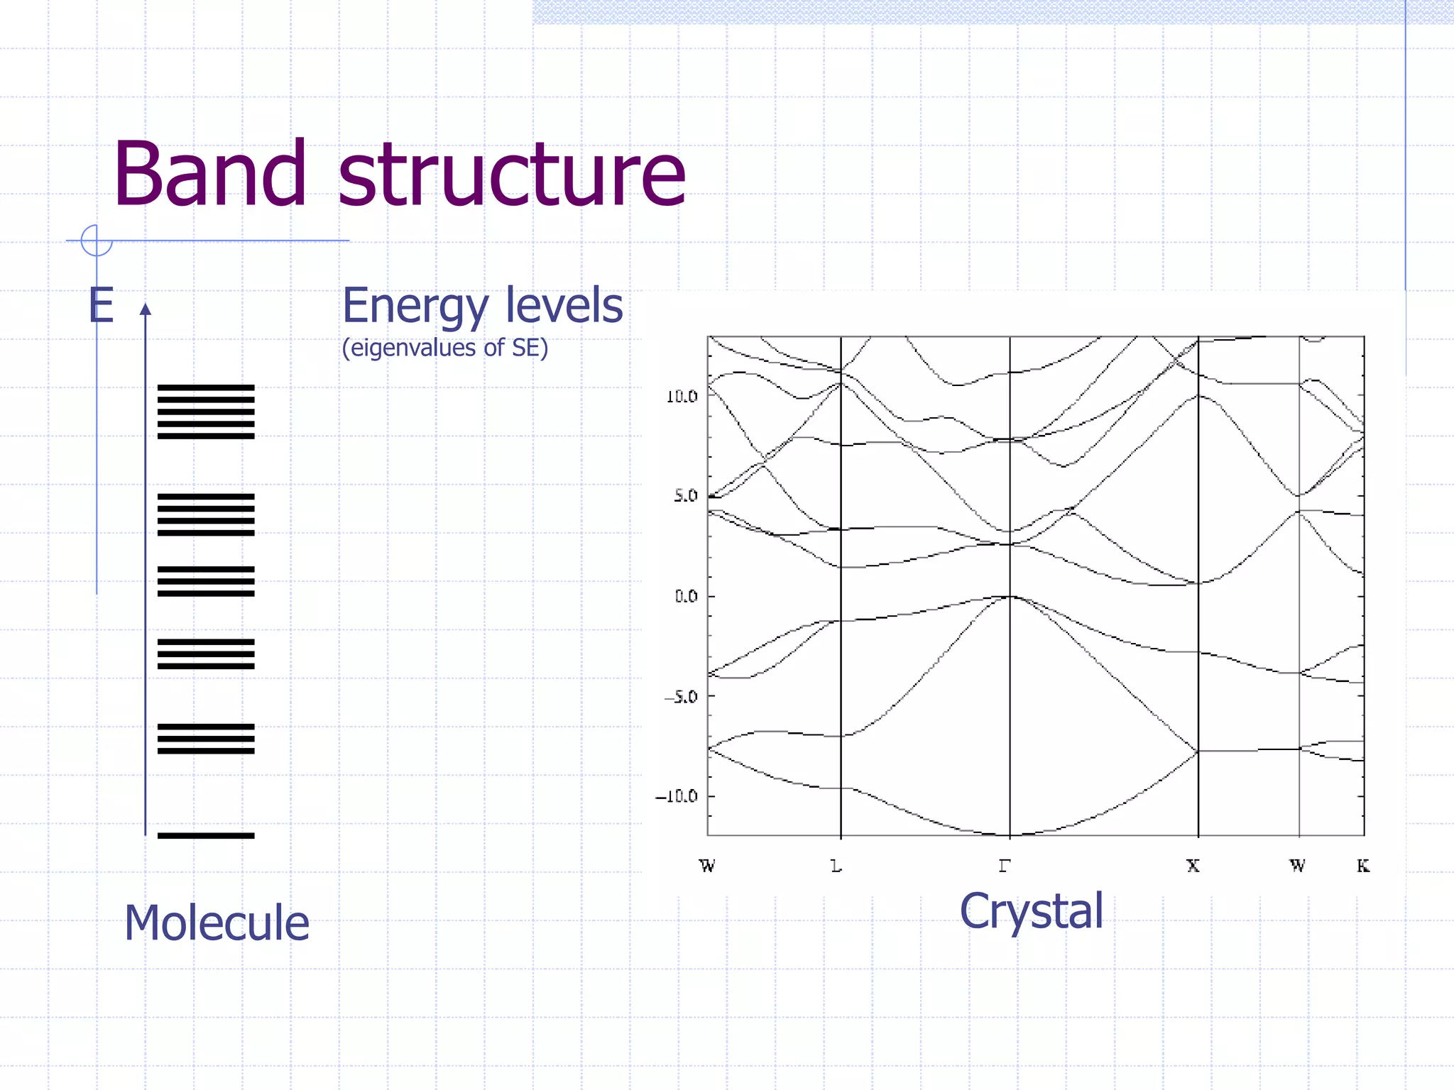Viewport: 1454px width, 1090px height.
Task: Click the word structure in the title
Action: point(511,176)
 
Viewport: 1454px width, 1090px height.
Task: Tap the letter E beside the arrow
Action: point(101,306)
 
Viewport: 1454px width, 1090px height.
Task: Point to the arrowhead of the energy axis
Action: point(146,309)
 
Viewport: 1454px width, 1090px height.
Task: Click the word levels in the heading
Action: point(564,306)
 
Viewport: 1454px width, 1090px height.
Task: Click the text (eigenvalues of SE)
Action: point(445,348)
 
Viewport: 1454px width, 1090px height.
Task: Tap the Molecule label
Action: point(217,923)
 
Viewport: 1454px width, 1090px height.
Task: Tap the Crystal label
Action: point(1032,911)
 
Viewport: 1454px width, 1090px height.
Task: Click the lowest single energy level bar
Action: point(206,835)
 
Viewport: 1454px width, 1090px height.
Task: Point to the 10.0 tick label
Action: point(682,397)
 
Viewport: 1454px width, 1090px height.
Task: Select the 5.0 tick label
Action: point(686,496)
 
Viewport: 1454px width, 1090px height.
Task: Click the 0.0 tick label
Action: point(686,596)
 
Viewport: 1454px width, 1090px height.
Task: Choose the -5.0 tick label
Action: point(681,697)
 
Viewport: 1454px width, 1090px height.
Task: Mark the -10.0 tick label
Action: point(677,796)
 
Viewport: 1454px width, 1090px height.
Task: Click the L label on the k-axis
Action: point(836,866)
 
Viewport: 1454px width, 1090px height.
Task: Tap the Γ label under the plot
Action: point(1004,866)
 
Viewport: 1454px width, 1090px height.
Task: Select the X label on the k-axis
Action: point(1193,866)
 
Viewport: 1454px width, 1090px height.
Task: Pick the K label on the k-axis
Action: point(1362,866)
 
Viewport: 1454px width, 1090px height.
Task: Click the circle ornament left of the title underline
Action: point(97,241)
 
